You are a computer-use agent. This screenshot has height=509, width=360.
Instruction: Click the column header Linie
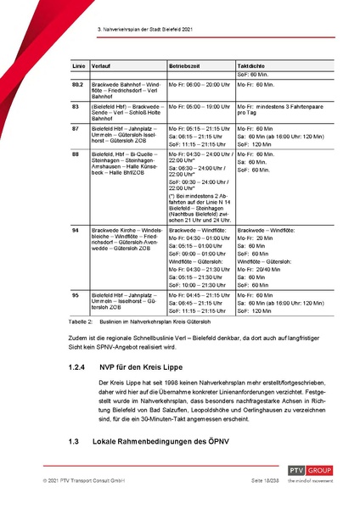pos(76,64)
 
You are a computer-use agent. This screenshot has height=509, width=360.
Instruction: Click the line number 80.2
pos(77,85)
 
